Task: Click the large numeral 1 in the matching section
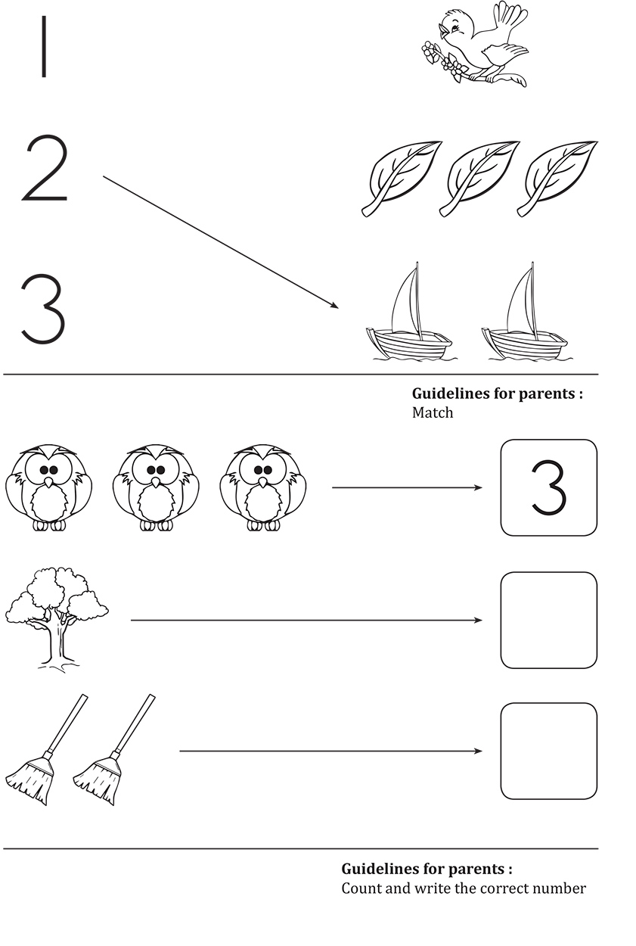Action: [x=43, y=46]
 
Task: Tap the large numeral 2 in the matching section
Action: [x=45, y=168]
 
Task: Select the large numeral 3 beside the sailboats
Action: [x=43, y=309]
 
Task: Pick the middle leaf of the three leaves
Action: [x=479, y=179]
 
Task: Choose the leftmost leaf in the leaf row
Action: [x=402, y=179]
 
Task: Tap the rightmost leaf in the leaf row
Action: [x=557, y=179]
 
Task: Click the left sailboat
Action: [x=409, y=312]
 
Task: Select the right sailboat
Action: [x=525, y=312]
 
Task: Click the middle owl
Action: [x=156, y=487]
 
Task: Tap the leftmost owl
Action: [x=48, y=487]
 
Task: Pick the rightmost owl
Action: [x=263, y=487]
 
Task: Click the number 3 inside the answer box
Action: [x=548, y=487]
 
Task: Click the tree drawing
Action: [x=57, y=620]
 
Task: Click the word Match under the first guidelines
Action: [x=433, y=412]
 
